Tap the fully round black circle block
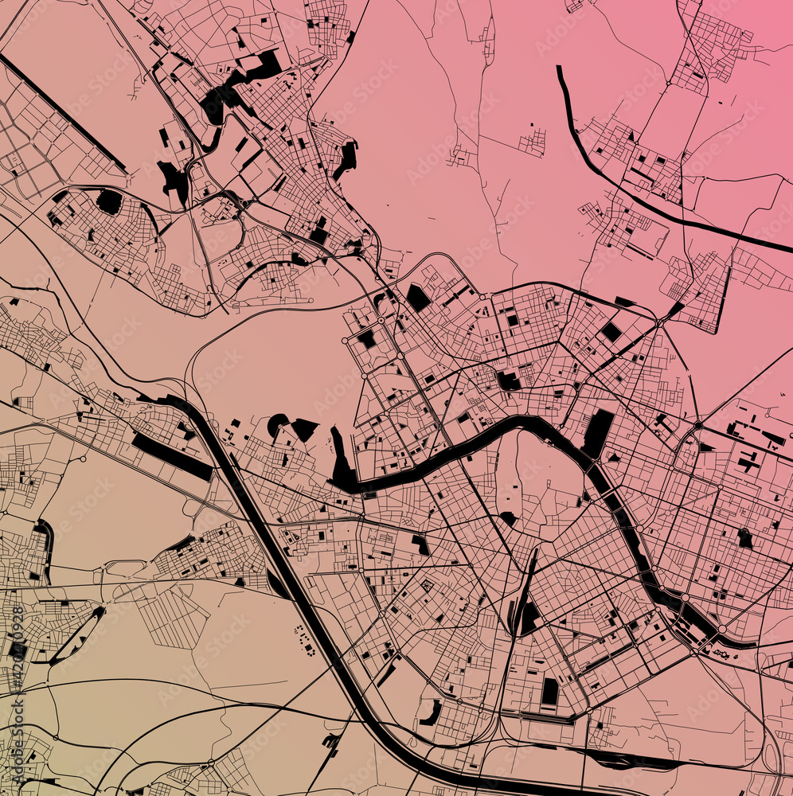[108, 201]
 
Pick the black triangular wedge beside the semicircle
[305, 429]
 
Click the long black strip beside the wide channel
[171, 456]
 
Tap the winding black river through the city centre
[478, 439]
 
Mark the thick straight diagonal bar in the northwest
[64, 112]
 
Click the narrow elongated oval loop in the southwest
[76, 637]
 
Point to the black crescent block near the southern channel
[431, 713]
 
